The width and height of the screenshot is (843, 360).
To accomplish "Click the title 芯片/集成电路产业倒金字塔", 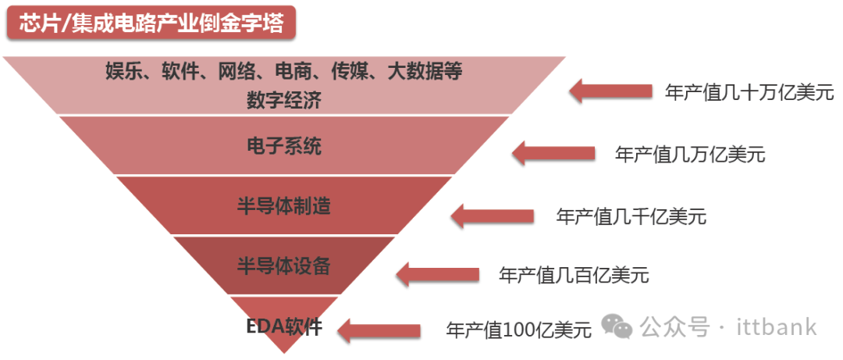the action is point(151,23).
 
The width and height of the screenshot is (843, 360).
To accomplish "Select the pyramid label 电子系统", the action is point(283,146).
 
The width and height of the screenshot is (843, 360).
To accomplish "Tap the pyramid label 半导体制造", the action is point(283,206).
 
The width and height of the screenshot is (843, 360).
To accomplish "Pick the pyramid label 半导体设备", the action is point(283,266).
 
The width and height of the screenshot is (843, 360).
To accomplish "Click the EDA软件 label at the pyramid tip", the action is point(284,326).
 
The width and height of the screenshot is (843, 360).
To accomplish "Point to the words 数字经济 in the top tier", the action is point(284,100).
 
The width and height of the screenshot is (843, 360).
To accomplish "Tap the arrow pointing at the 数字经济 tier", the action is point(610,90).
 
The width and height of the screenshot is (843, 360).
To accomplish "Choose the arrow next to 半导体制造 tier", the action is point(493,214).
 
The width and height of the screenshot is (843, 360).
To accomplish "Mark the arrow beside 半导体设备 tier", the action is point(437,273).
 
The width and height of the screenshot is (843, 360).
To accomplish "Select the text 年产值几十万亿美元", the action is point(749,92).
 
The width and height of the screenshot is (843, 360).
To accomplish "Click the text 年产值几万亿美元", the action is point(690,155).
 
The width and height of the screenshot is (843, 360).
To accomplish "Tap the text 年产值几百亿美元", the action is point(574,275).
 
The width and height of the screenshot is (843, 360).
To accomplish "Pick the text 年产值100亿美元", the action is point(518,330).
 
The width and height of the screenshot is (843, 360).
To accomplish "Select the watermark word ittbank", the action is point(777,327).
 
